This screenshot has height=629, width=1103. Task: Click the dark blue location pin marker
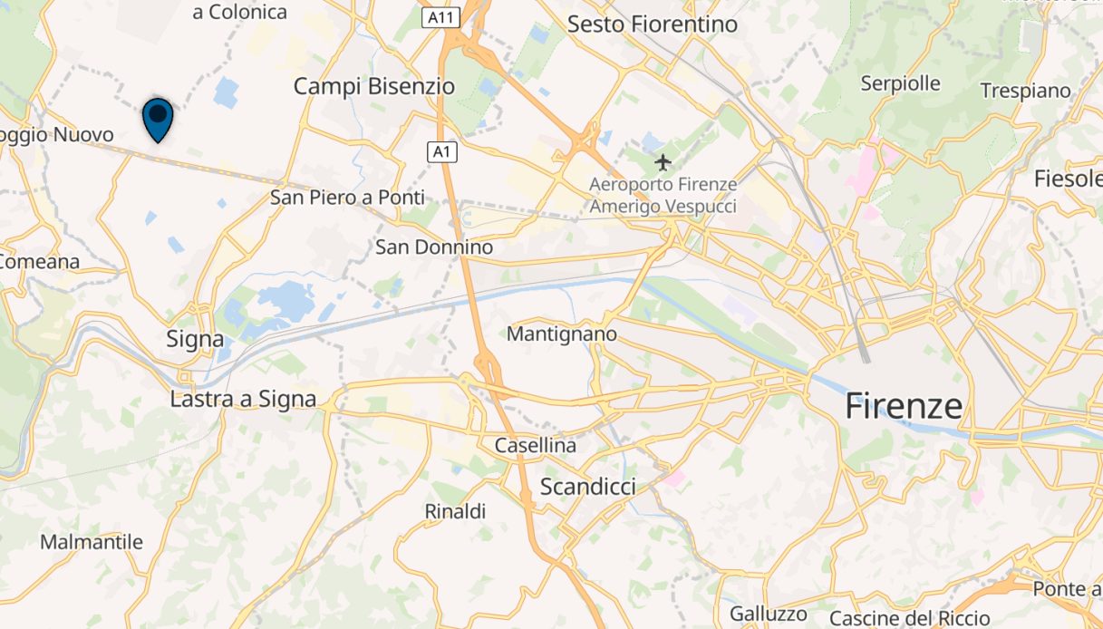tap(158, 118)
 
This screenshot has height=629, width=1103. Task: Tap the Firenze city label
tap(904, 405)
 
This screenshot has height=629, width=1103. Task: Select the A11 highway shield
tap(440, 17)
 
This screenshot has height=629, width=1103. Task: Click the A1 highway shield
tap(441, 152)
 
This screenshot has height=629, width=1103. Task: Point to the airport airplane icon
tap(663, 163)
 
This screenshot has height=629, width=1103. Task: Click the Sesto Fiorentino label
tap(653, 24)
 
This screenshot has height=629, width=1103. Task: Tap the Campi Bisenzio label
tap(373, 86)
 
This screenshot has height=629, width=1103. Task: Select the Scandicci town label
tap(587, 487)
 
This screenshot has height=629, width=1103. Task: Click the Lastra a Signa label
tap(244, 399)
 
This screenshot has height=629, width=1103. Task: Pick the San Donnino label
tap(434, 247)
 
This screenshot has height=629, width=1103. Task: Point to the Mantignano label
tap(561, 334)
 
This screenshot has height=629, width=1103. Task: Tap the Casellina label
tap(535, 446)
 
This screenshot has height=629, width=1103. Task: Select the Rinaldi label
tap(455, 511)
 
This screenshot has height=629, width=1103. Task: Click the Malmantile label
tap(92, 542)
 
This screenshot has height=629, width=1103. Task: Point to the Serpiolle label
tap(900, 83)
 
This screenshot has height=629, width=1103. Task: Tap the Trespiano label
tap(1025, 91)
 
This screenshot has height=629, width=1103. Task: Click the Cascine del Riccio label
tap(909, 618)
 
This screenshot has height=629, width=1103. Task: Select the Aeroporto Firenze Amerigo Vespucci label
tap(663, 195)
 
